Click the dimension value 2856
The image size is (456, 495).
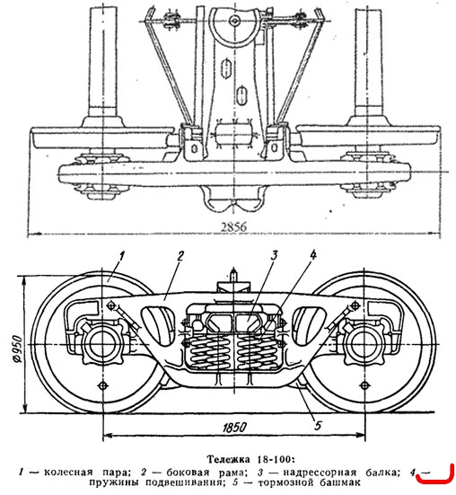[233, 226]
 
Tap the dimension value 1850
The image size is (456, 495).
[234, 428]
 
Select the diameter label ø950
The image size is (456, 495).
[18, 349]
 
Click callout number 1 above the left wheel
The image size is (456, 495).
[122, 255]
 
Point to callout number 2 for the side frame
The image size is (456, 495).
[180, 255]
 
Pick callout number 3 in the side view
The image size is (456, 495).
[274, 255]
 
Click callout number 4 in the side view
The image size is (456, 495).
[312, 255]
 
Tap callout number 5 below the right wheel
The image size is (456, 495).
[318, 425]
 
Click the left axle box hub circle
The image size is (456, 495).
[101, 344]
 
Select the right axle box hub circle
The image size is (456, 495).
[364, 344]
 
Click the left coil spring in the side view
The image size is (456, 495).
[207, 350]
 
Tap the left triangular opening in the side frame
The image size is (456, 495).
[157, 325]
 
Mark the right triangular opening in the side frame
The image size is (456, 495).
[309, 325]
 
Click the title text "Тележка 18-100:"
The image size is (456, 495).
[250, 459]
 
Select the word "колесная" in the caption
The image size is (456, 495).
[68, 473]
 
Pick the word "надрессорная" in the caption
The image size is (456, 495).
[320, 473]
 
